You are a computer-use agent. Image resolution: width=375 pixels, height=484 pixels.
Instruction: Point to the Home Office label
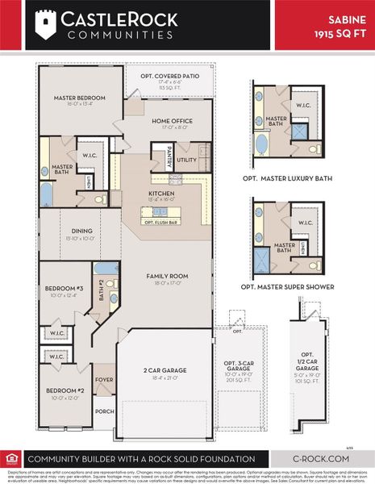(x=170, y=121)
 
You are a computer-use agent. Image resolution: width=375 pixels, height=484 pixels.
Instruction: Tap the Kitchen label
(x=161, y=194)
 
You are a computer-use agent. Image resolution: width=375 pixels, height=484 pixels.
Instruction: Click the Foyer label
(x=104, y=378)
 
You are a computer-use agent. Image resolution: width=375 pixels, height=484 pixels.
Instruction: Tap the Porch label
(x=104, y=410)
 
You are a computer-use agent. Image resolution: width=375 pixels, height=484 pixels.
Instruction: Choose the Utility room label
(x=187, y=160)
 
